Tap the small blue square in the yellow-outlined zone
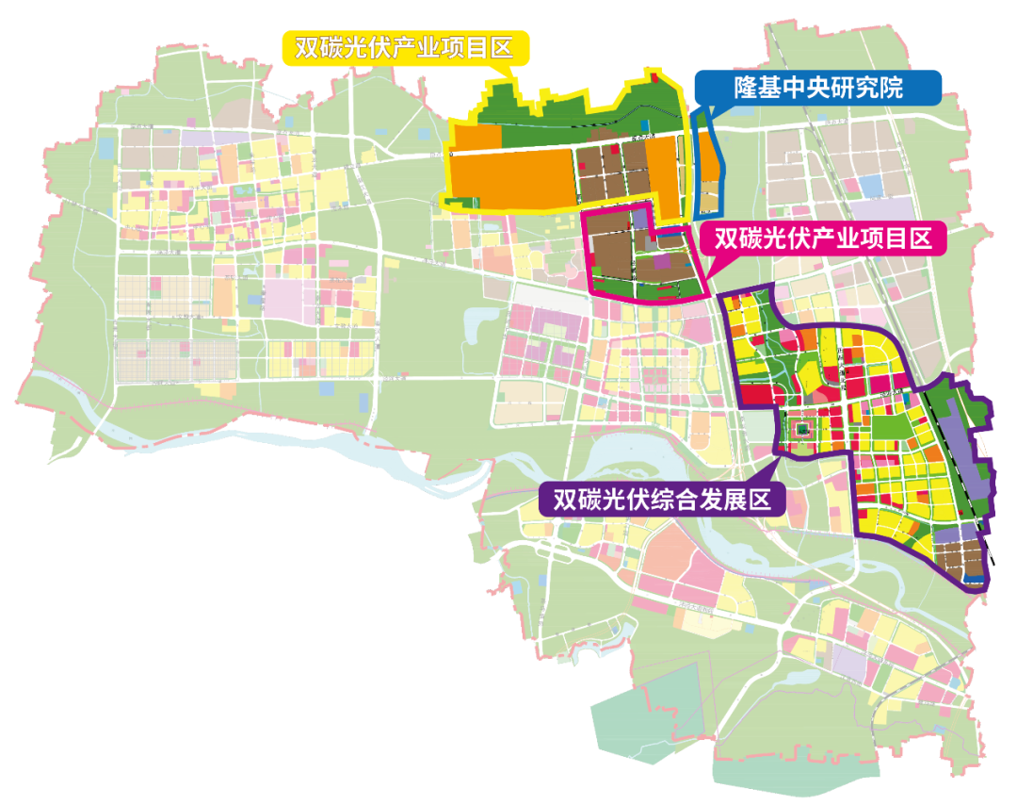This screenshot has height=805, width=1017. tap(644, 123)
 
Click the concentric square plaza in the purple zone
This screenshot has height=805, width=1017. tap(802, 431)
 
